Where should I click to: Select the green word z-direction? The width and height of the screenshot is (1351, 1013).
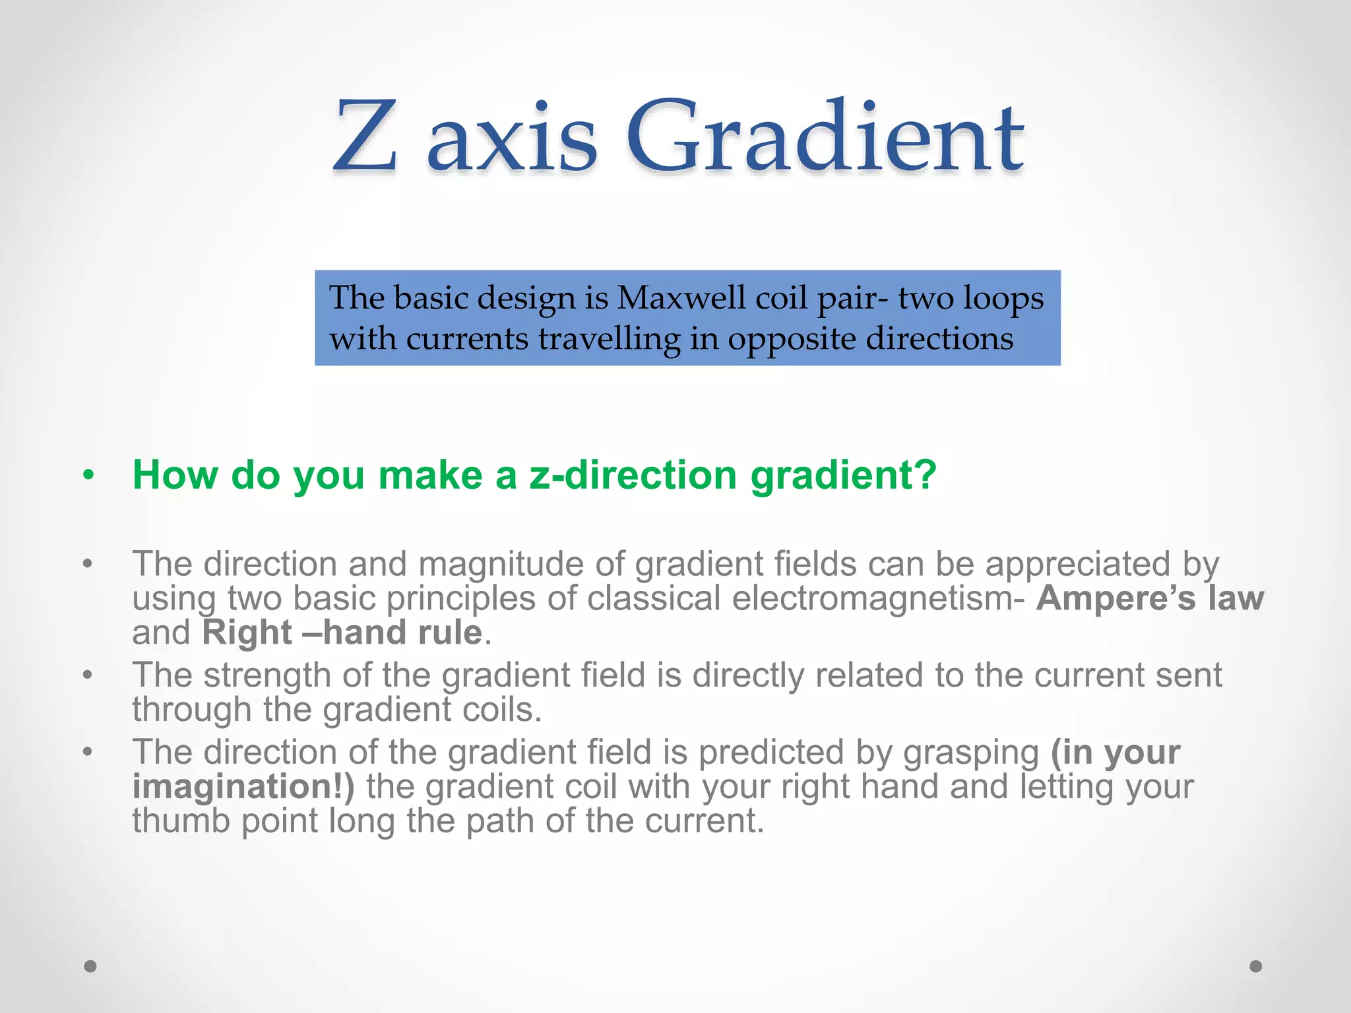(x=633, y=474)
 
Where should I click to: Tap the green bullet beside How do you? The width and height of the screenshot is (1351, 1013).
(x=88, y=476)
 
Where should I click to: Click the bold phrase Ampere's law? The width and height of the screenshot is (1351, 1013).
(x=1150, y=598)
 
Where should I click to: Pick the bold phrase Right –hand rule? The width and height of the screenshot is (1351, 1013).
(x=342, y=632)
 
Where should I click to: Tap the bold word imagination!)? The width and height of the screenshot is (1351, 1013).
(x=243, y=787)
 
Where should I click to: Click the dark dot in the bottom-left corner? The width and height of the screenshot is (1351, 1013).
(x=90, y=966)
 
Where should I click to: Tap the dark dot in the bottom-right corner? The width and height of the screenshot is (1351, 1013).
(x=1256, y=966)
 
